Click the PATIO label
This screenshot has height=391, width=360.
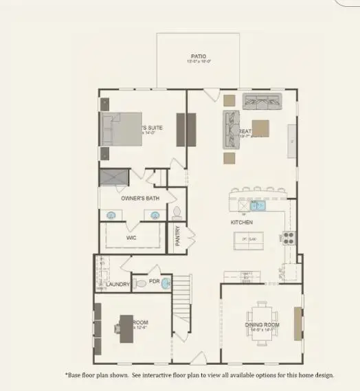pos(199,56)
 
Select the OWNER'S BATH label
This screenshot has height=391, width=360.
pos(140,199)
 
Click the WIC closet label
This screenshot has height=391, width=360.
pos(131,238)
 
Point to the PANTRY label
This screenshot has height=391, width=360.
pos(178,236)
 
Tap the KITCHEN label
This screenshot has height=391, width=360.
pos(241,223)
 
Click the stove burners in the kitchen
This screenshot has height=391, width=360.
pos(289,238)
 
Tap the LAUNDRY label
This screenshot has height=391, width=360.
pos(117,283)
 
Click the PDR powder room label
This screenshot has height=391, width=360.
pos(155,282)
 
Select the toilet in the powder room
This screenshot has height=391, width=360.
pos(141,282)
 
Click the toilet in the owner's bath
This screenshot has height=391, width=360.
pos(177,212)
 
